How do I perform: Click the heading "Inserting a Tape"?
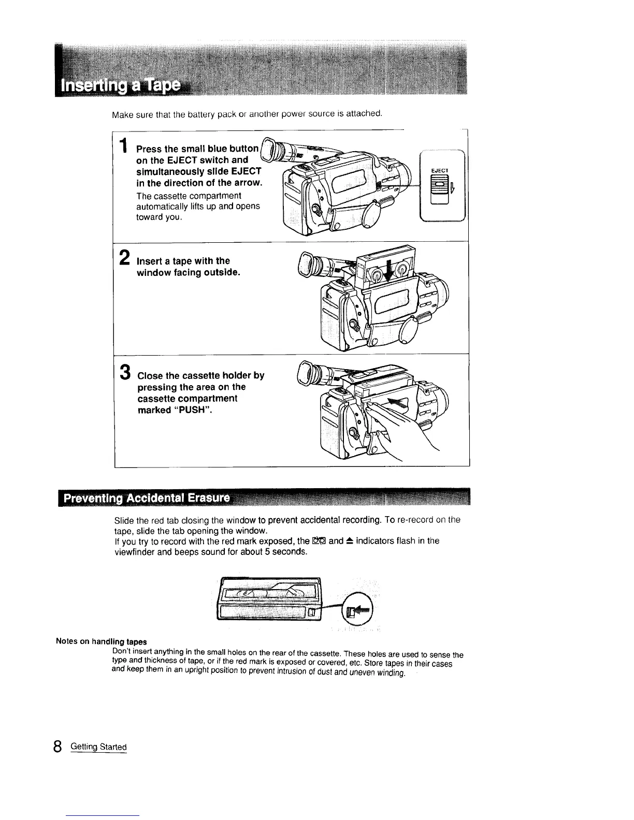pyautogui.click(x=122, y=85)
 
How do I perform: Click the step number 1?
pyautogui.click(x=123, y=148)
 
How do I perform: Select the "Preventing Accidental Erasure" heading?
pyautogui.click(x=147, y=499)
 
